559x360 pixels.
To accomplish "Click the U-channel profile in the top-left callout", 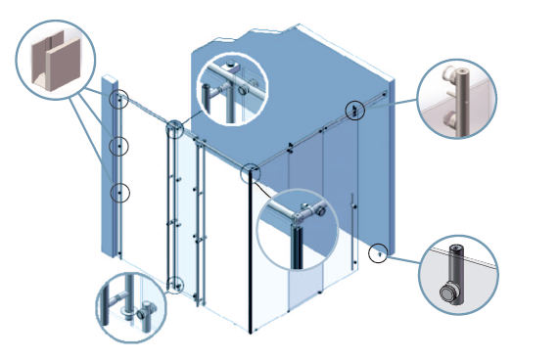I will click(x=55, y=64).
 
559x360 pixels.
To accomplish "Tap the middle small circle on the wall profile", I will click(x=118, y=146).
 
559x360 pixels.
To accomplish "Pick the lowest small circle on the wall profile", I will click(x=118, y=193).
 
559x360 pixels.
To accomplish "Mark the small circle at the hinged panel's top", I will click(x=174, y=128).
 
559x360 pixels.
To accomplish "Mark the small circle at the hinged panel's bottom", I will click(x=174, y=285).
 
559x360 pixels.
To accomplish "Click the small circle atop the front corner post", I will click(x=252, y=172).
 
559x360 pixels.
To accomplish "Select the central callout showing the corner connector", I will click(x=296, y=230).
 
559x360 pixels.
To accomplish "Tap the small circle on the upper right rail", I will click(x=353, y=109).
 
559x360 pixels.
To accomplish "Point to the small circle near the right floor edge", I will click(x=377, y=252).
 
